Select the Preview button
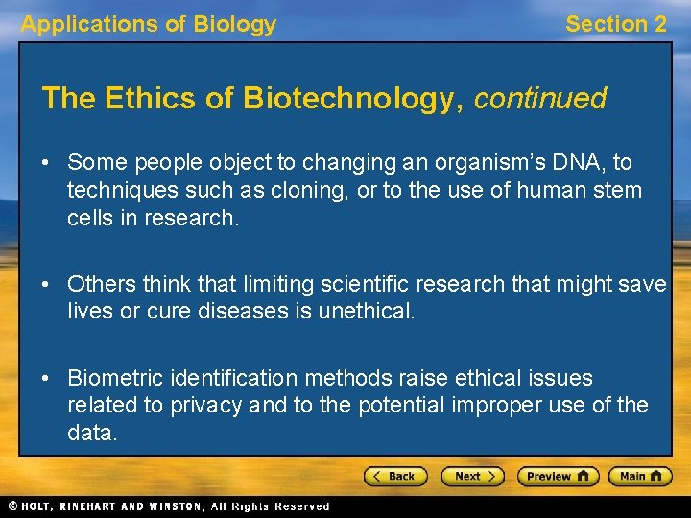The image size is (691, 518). (x=558, y=476)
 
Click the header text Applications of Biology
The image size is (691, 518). (x=149, y=25)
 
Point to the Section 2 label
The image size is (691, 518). (x=615, y=25)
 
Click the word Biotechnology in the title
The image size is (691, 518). (x=353, y=99)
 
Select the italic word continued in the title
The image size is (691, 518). (x=540, y=99)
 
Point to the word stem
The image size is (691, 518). (x=618, y=190)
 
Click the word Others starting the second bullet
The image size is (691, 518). (x=102, y=284)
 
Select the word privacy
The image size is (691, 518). (x=205, y=405)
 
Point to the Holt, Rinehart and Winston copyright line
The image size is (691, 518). (x=168, y=506)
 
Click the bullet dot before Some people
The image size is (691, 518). (x=47, y=164)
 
